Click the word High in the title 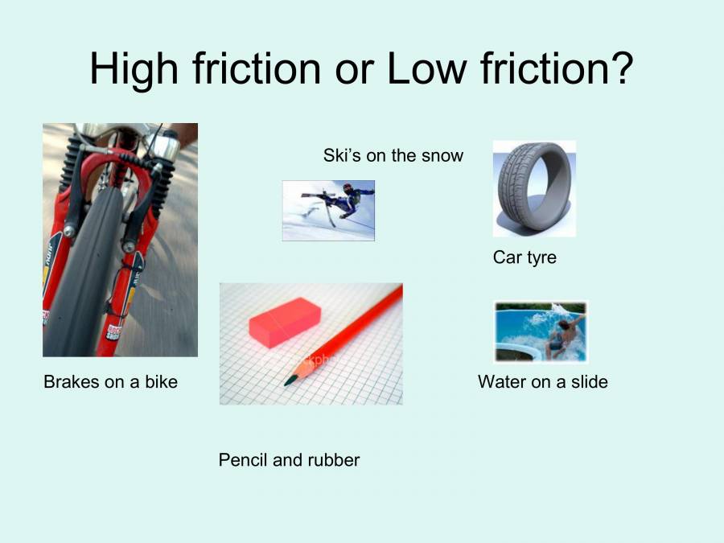click(x=134, y=68)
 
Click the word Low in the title click(x=426, y=68)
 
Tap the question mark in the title click(x=619, y=68)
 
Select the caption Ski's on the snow click(x=393, y=155)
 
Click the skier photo click(x=328, y=210)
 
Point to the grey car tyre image click(x=533, y=189)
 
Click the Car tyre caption click(x=524, y=257)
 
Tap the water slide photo click(x=541, y=332)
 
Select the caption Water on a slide click(x=543, y=381)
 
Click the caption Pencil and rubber click(x=289, y=460)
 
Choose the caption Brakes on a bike click(x=110, y=382)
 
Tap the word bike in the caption click(x=161, y=382)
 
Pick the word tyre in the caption click(x=541, y=257)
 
